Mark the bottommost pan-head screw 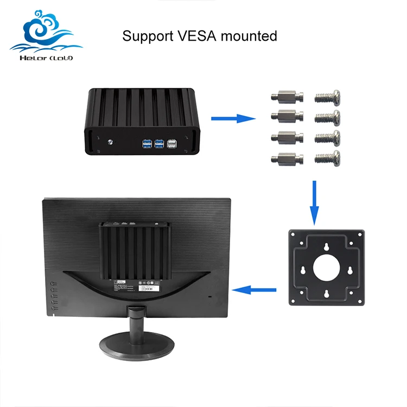coord(328,158)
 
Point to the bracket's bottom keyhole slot coord(327,294)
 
